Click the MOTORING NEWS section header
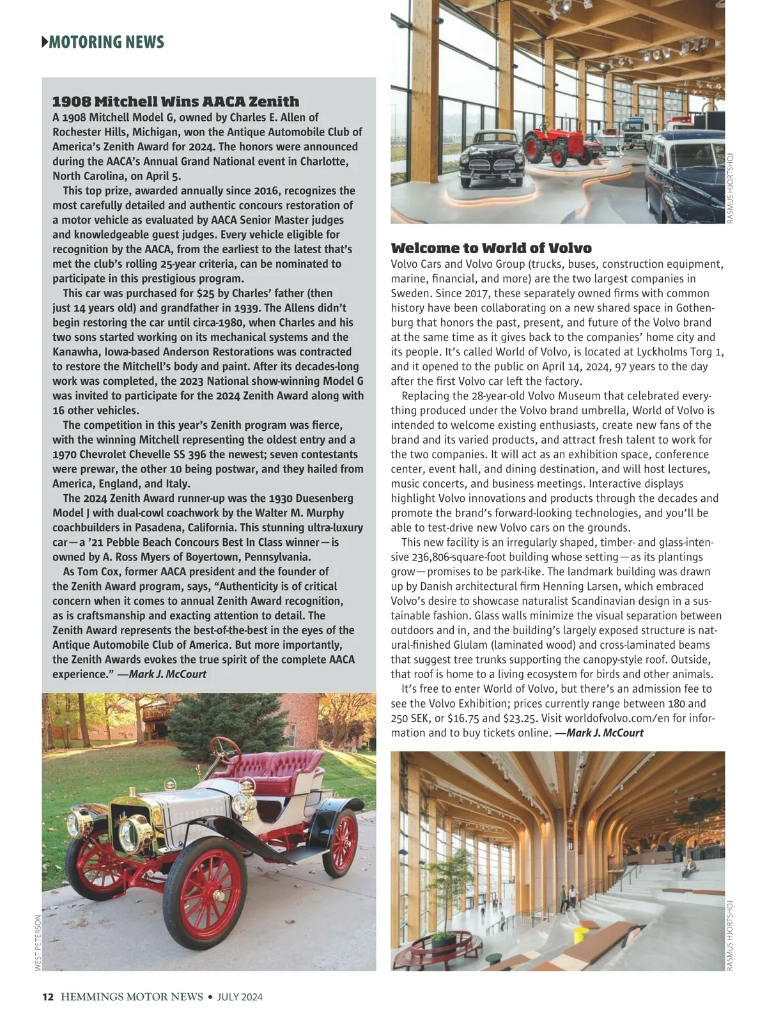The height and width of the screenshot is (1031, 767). (x=106, y=42)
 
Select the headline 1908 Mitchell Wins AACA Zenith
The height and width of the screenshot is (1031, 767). (x=175, y=102)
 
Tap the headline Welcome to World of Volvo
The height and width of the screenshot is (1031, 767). (x=491, y=248)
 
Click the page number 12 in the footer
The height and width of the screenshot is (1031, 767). (x=47, y=996)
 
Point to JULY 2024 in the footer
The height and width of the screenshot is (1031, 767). (x=240, y=996)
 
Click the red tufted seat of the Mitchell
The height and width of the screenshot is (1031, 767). (x=281, y=767)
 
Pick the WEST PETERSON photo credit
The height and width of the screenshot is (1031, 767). (x=38, y=943)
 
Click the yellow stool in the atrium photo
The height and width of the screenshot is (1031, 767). (x=579, y=935)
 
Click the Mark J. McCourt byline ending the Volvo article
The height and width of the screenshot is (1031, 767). (x=600, y=733)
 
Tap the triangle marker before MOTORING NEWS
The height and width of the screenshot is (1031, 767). (x=45, y=42)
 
